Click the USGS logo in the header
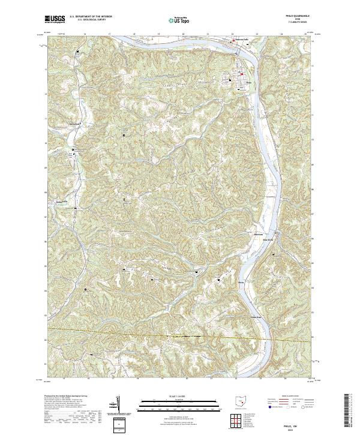[55, 19]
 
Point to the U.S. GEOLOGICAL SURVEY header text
[90, 20]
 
